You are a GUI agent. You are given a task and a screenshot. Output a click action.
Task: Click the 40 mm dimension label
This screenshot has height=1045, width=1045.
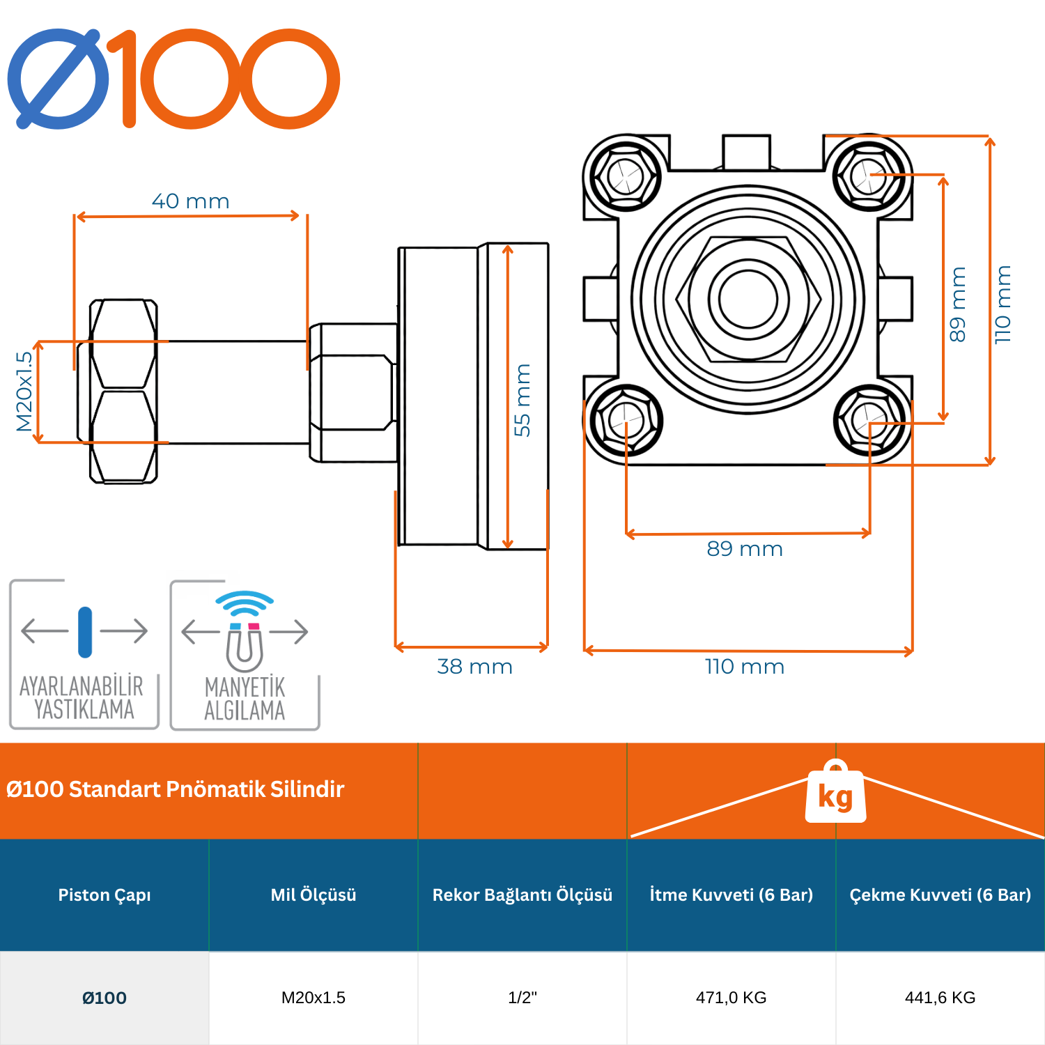coord(190,201)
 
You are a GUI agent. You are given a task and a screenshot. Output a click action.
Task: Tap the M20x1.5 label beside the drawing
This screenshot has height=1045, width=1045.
coord(24,391)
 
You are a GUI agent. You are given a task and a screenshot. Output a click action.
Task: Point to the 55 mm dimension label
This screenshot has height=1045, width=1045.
coord(522,400)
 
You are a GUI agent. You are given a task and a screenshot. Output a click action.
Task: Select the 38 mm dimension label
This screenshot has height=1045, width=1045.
coord(474,667)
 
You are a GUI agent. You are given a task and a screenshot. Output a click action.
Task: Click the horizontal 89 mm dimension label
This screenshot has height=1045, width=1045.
coord(745,549)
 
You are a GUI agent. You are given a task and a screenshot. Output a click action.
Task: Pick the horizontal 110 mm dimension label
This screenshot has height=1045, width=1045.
coord(745,667)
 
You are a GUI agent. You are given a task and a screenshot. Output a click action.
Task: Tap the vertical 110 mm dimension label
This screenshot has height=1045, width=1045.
coord(1003,304)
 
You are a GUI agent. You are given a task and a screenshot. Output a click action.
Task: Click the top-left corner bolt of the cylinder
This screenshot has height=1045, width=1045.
coord(625,176)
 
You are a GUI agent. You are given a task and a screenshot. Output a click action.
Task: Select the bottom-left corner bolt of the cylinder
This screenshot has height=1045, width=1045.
coord(625,420)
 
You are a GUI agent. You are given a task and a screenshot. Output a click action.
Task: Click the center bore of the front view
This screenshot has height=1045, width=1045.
coord(748,299)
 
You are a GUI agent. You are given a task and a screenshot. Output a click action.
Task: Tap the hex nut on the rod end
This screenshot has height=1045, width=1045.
coord(123,391)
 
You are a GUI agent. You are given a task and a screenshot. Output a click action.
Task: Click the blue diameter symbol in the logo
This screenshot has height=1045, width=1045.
coord(59,79)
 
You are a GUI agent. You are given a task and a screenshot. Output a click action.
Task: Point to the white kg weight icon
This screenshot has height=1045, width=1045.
coord(835,794)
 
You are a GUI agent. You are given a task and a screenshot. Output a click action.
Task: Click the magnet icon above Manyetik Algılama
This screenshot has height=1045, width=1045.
coord(245,644)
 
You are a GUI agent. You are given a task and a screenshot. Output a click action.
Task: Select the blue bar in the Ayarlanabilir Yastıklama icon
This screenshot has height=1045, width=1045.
coord(85,632)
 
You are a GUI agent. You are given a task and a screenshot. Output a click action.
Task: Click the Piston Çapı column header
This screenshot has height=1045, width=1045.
coord(104,895)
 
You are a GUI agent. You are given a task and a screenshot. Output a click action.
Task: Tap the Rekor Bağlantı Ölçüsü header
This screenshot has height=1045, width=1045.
coord(522,895)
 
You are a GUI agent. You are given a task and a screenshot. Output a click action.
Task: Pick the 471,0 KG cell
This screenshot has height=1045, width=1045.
coord(731,998)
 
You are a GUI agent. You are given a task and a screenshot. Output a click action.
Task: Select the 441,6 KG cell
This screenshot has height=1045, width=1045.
coord(940,998)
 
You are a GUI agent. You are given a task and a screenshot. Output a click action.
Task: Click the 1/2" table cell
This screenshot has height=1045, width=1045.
coord(522,998)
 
